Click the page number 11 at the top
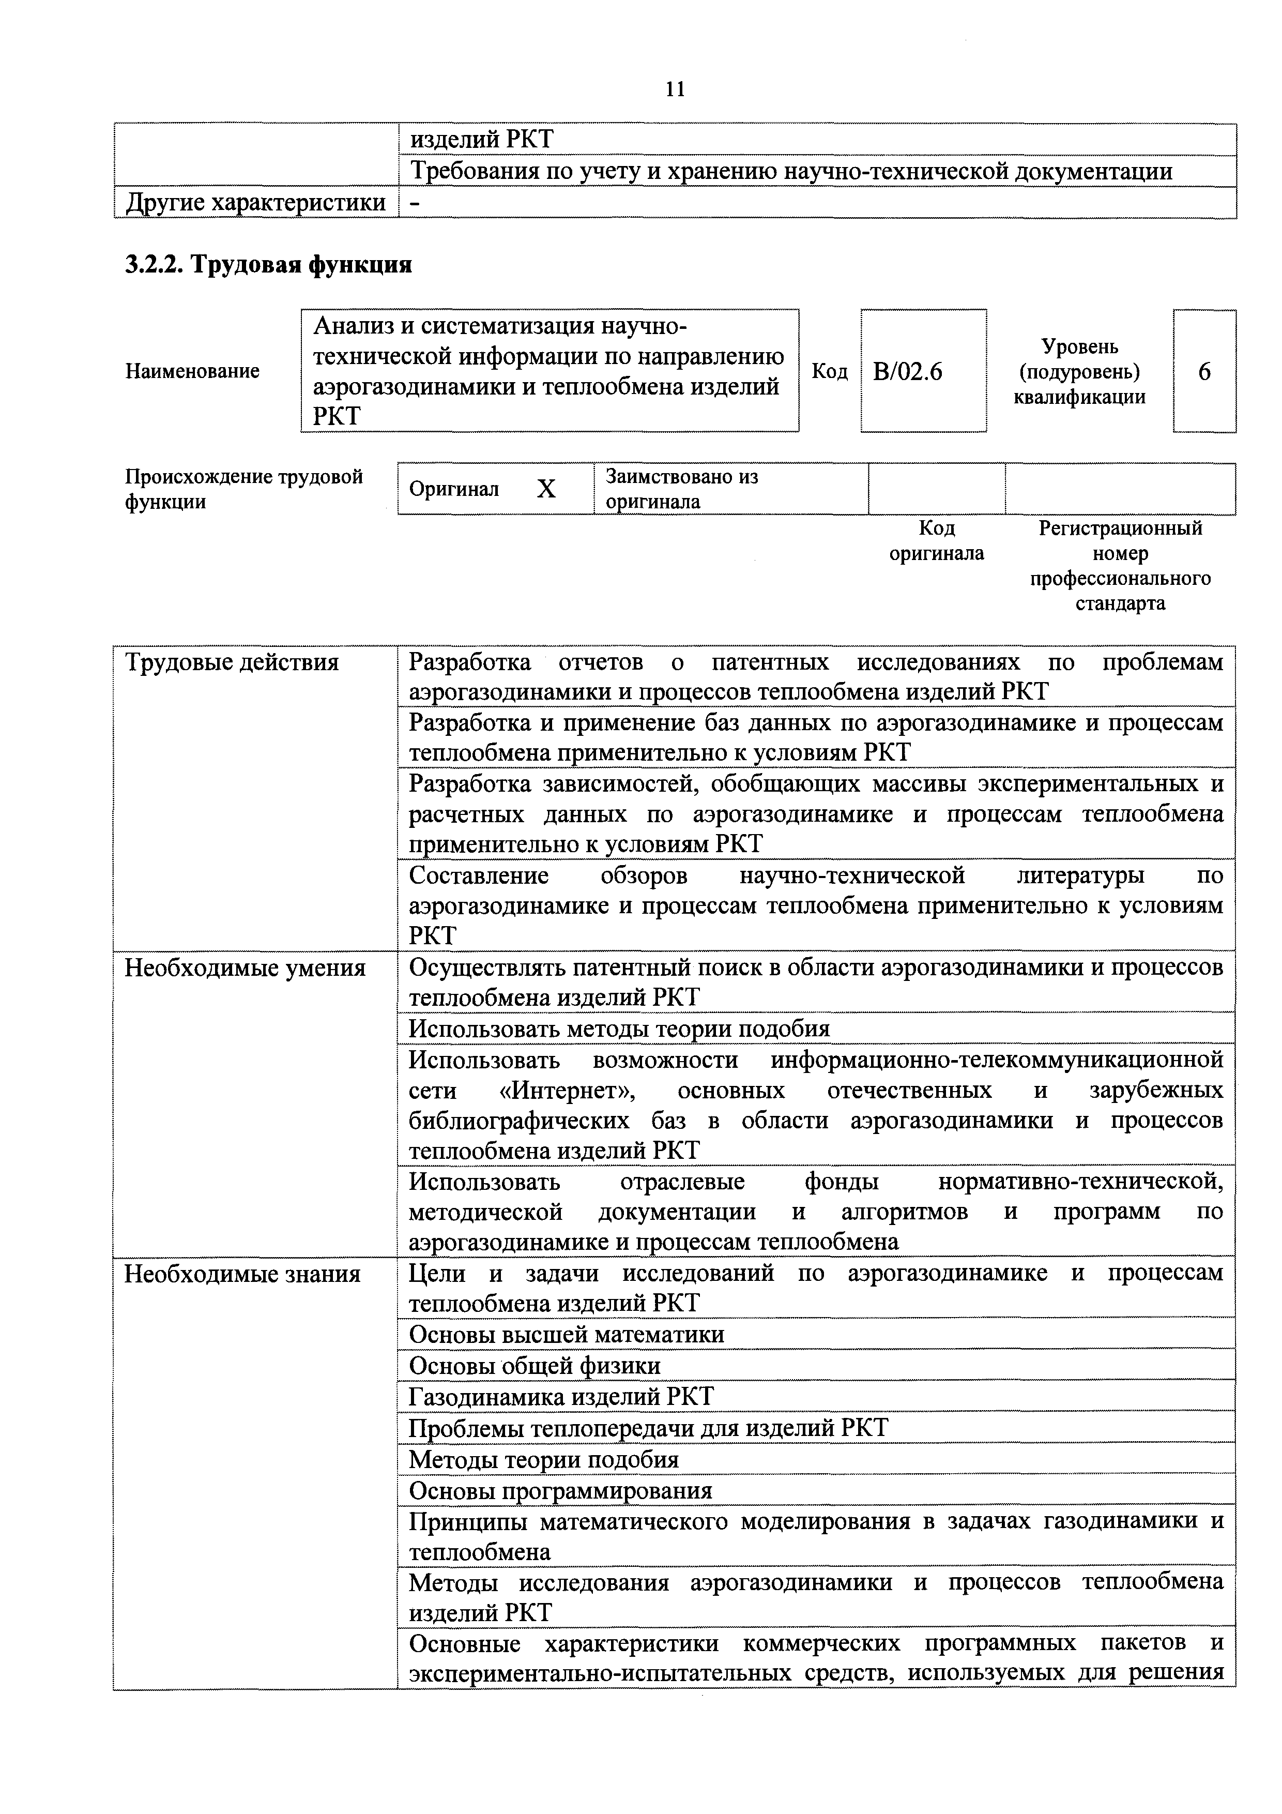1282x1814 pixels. point(675,89)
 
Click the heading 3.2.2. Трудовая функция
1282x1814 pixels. point(269,264)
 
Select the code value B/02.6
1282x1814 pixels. point(908,371)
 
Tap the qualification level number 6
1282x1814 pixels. point(1204,371)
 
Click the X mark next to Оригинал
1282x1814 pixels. point(546,490)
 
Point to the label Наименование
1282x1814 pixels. point(192,371)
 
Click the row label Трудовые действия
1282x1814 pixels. point(232,662)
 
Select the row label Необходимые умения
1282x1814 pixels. point(245,968)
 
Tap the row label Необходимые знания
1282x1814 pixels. point(242,1274)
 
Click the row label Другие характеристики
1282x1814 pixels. point(256,203)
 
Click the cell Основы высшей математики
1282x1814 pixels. point(567,1335)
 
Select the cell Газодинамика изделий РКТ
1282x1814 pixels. point(561,1397)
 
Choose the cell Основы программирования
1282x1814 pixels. point(560,1491)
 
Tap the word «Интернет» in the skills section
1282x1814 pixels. point(567,1090)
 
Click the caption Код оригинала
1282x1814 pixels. point(936,540)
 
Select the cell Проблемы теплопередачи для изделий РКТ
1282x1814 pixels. point(648,1428)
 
